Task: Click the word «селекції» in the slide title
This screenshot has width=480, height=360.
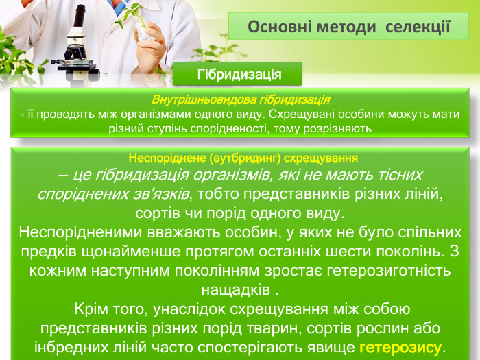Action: click(x=418, y=27)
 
